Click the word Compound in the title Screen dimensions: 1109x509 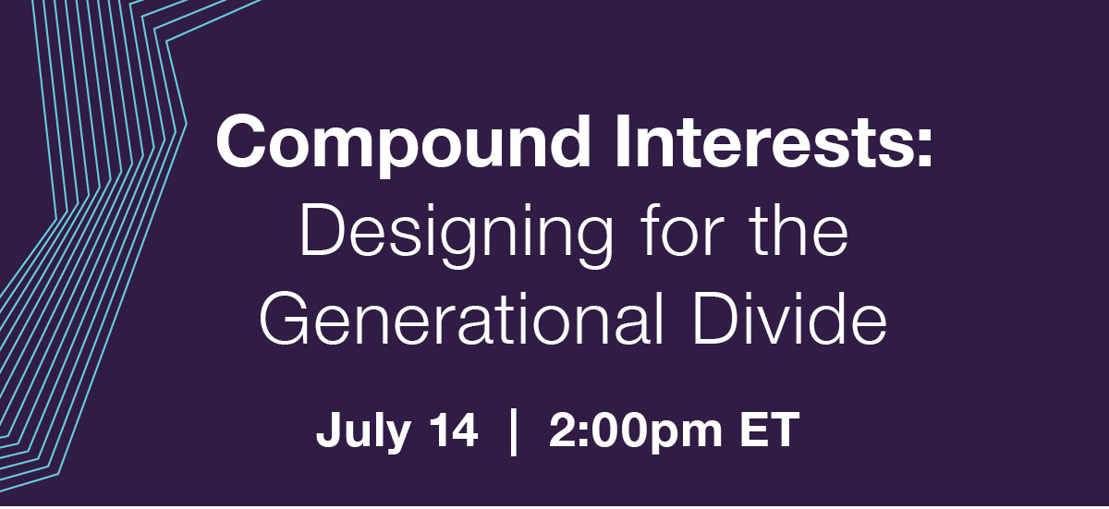404,143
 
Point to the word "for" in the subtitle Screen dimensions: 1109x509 677,229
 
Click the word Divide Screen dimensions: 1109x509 790,317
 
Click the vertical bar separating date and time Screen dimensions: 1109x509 514,430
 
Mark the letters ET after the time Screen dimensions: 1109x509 771,429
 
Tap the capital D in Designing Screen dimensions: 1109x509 322,230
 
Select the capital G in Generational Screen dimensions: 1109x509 285,317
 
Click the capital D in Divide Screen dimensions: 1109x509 715,317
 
